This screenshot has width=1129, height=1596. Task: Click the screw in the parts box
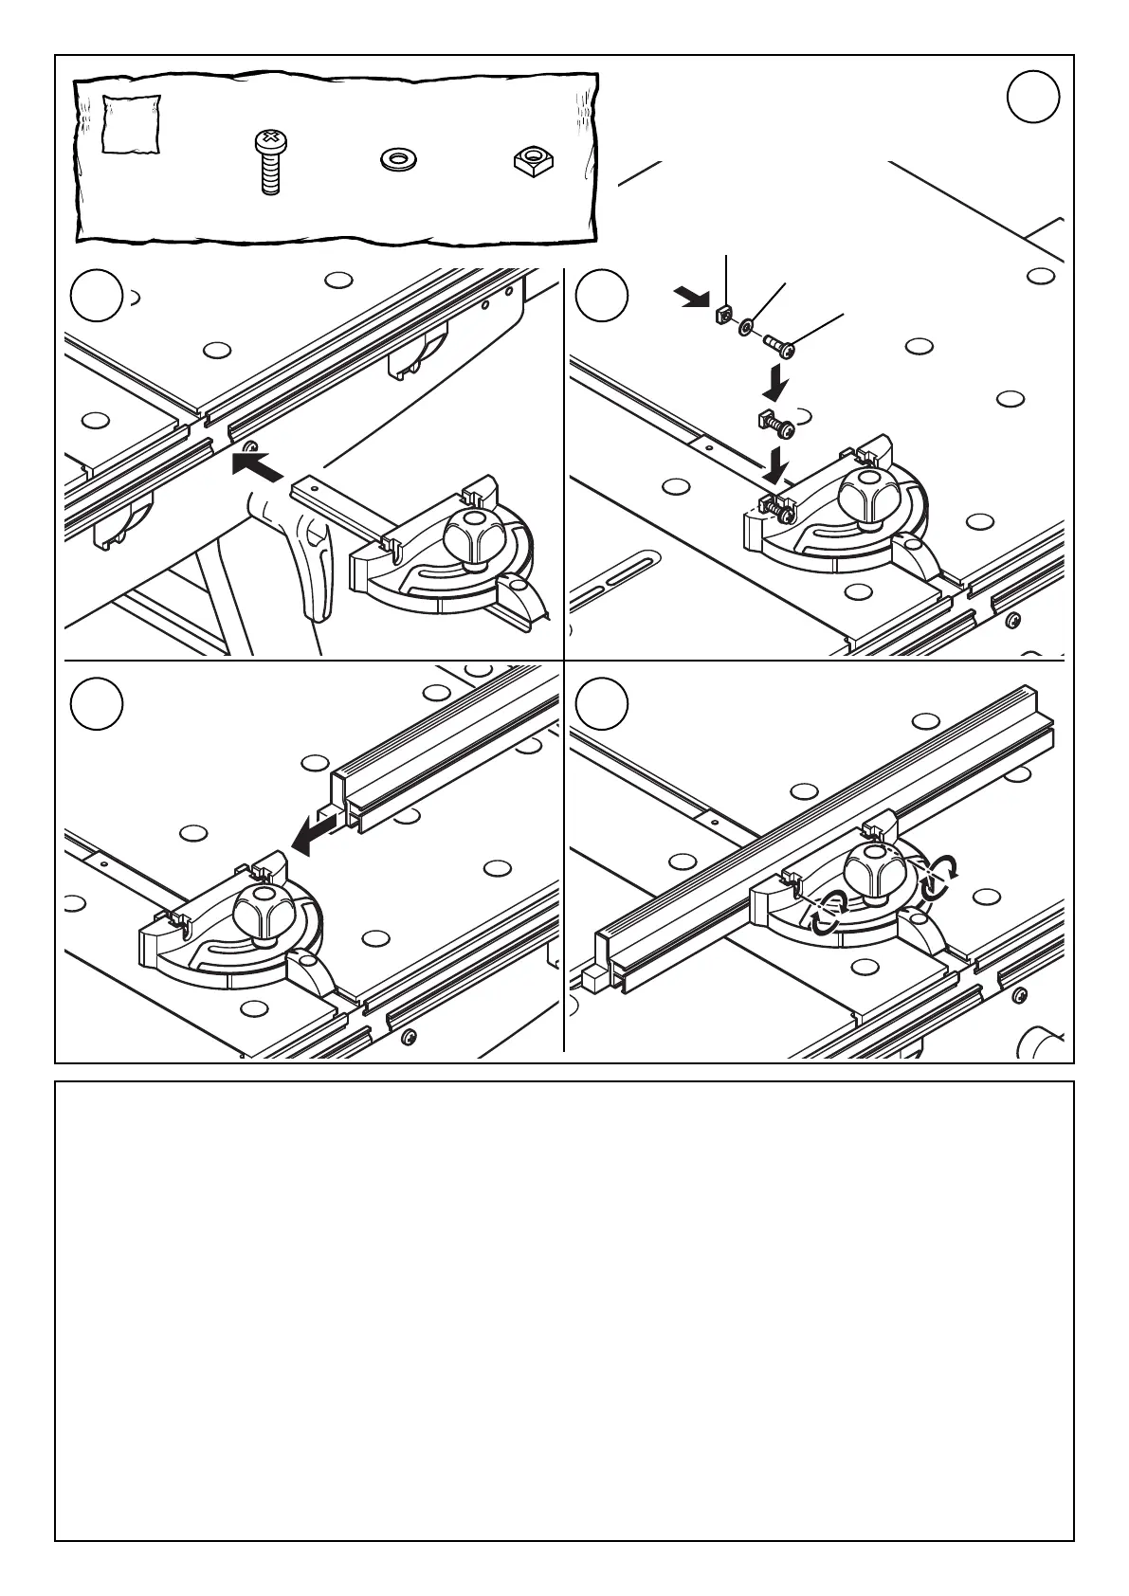click(269, 162)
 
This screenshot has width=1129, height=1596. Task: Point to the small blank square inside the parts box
click(129, 124)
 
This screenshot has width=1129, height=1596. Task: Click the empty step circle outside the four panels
click(1032, 97)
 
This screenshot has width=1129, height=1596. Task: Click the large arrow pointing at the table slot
click(257, 465)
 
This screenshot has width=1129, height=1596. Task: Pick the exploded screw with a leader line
click(779, 347)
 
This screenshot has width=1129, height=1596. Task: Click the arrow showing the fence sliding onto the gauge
click(315, 833)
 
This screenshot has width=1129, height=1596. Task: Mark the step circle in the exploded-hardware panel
click(602, 296)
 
